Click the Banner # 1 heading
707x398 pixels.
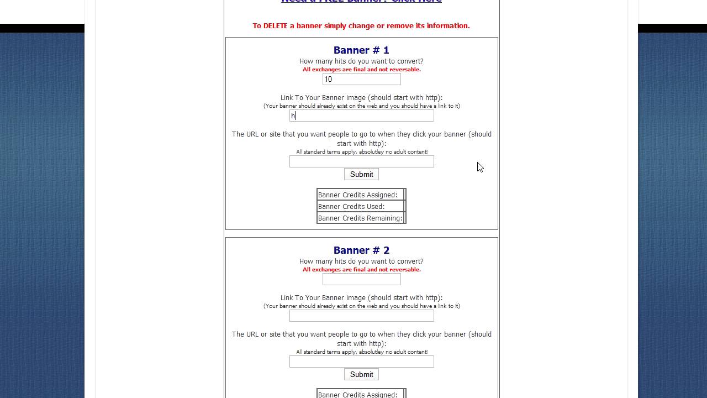[361, 50]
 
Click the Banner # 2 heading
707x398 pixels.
[361, 250]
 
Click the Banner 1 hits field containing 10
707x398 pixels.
[361, 80]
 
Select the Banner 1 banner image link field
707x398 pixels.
[361, 116]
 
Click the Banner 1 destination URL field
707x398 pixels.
[361, 161]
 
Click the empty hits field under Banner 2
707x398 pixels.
[361, 280]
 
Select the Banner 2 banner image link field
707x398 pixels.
[361, 316]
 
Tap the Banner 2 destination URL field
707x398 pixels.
[361, 362]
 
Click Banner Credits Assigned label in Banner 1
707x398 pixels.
[357, 195]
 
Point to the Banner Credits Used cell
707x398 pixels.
[351, 207]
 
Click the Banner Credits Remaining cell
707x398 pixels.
[360, 218]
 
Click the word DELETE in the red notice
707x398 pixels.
[279, 26]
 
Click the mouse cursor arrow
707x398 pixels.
[479, 167]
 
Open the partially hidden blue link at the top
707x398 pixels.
[361, 2]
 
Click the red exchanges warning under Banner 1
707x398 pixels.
[361, 70]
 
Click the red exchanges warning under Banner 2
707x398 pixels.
[361, 270]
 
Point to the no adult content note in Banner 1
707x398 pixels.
[361, 152]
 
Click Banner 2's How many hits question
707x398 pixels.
[361, 261]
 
